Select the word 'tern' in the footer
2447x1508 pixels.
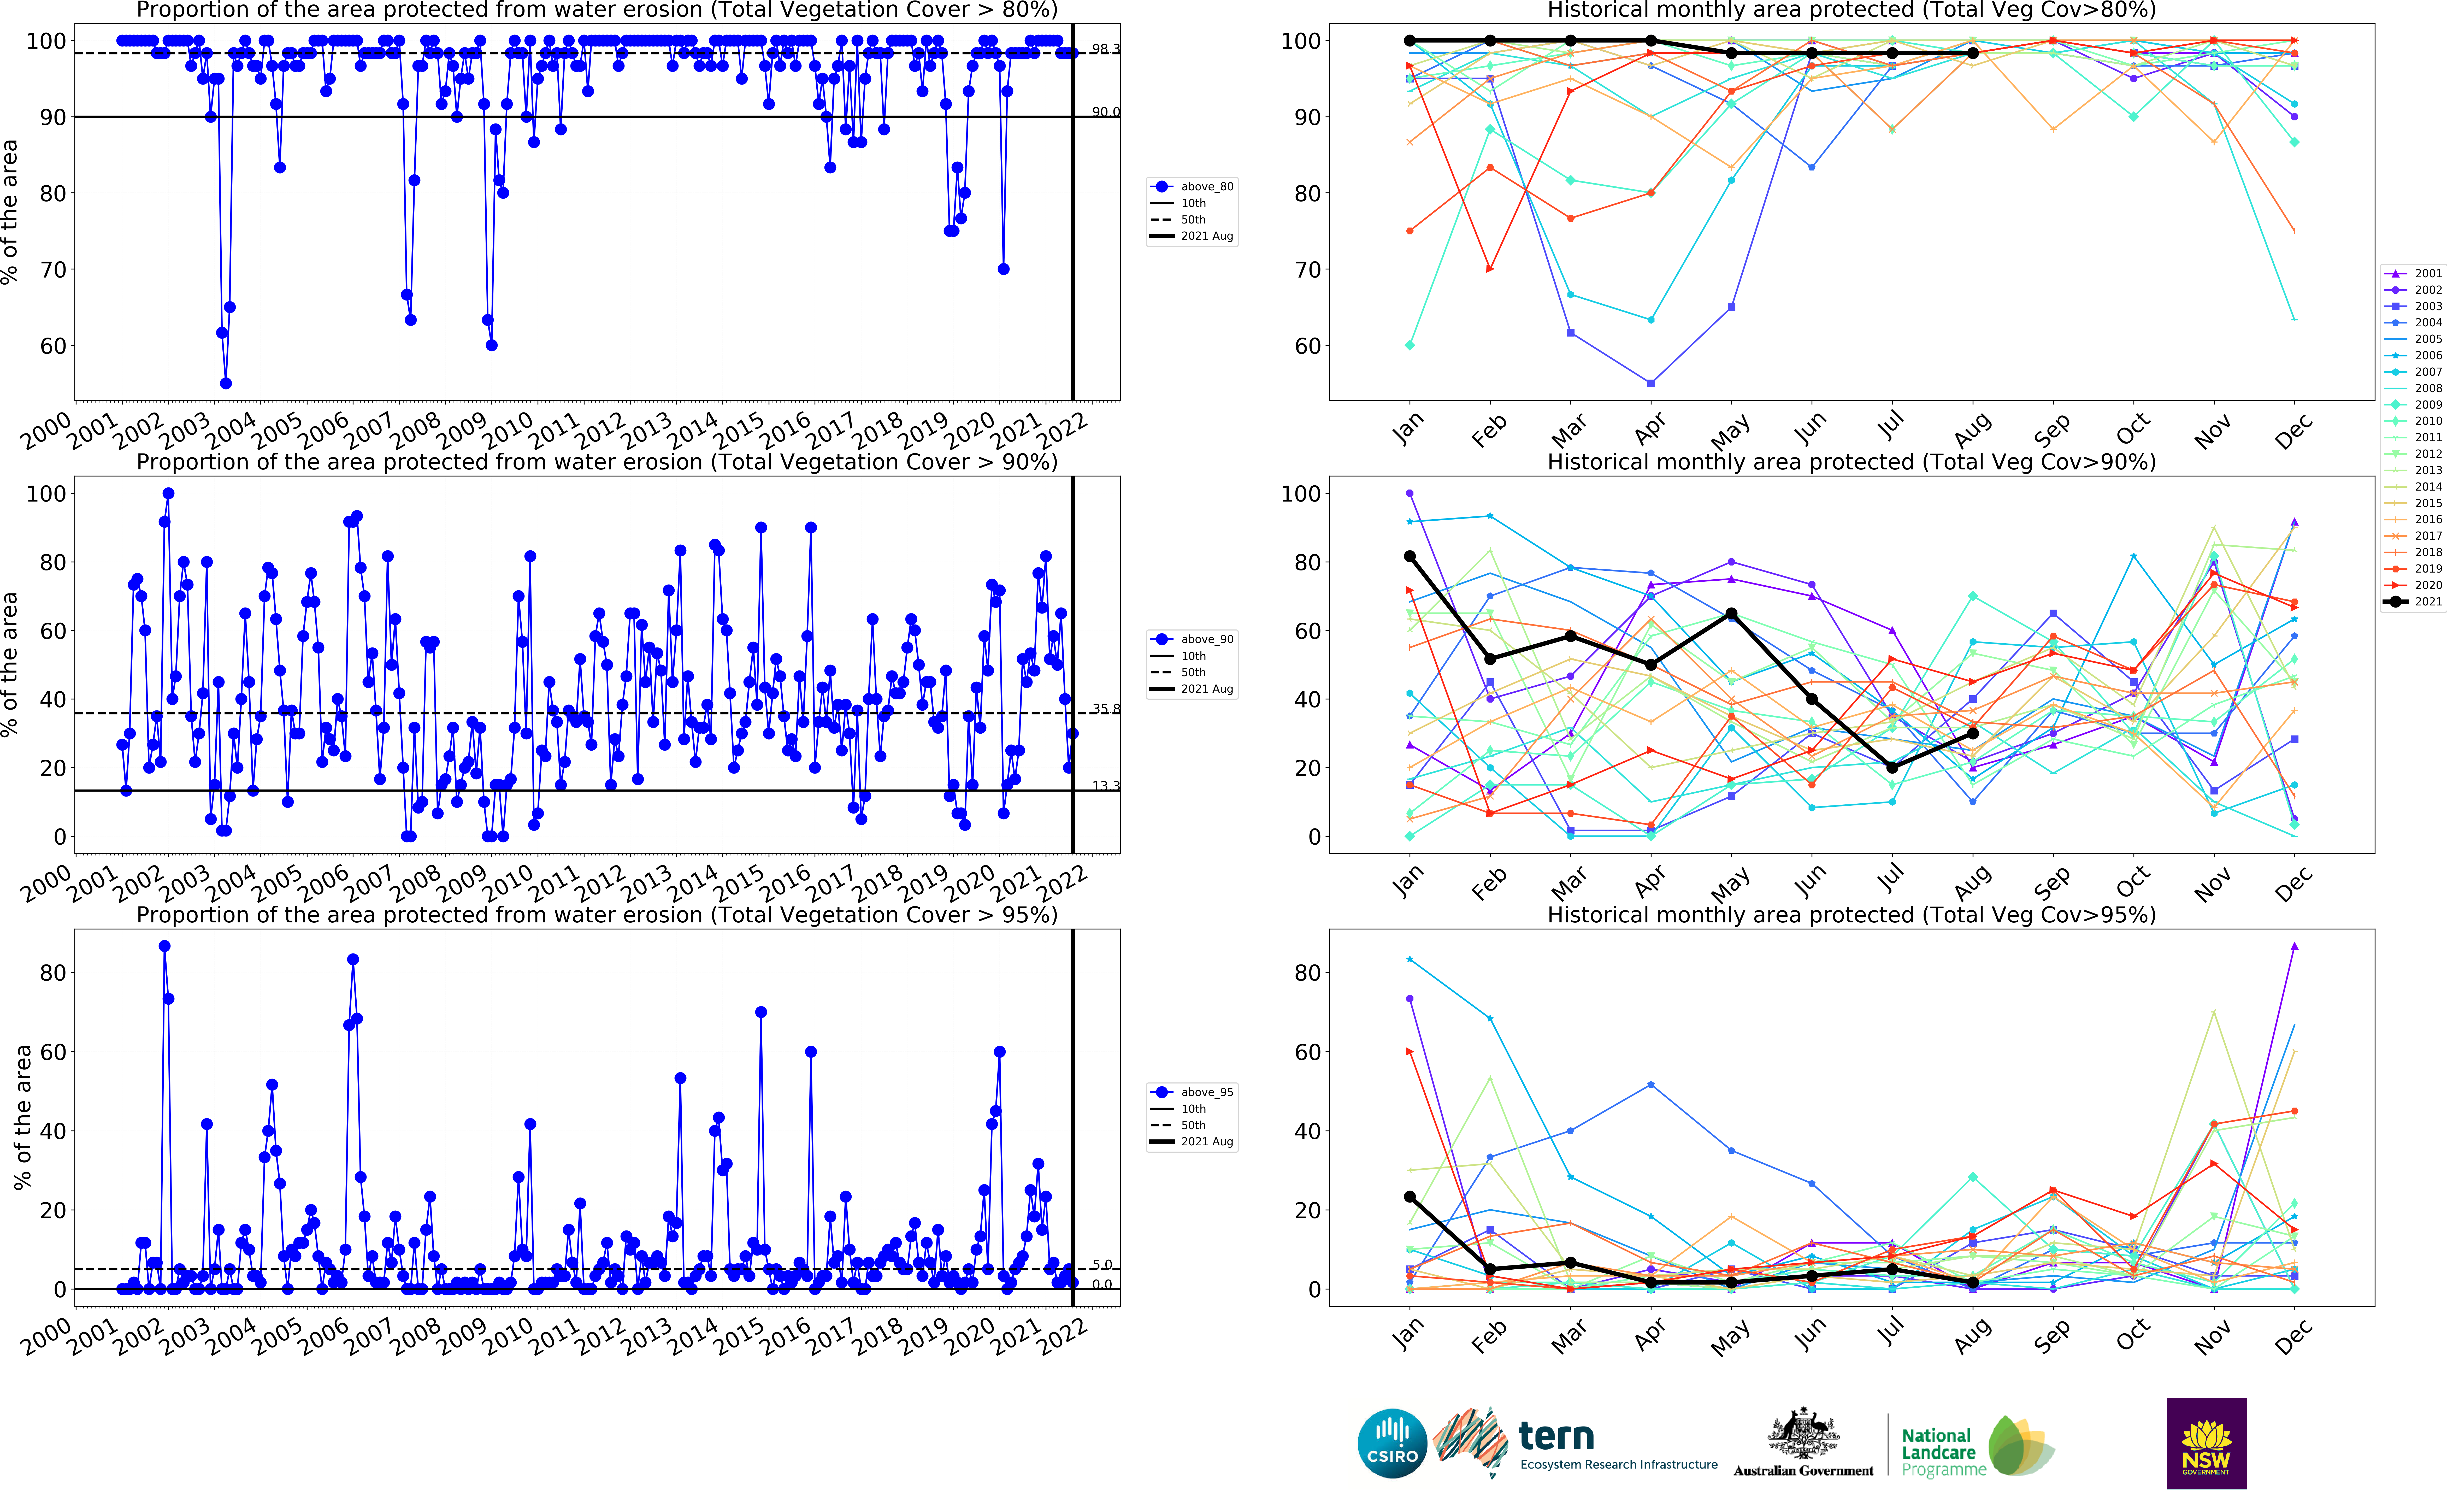(1555, 1436)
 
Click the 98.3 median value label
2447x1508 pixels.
(1105, 49)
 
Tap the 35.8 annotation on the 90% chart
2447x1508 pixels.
(1105, 709)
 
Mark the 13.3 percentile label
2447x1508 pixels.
(1105, 786)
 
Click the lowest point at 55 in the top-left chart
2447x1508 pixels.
(226, 383)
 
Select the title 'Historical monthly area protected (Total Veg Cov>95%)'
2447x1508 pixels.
(1851, 915)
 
